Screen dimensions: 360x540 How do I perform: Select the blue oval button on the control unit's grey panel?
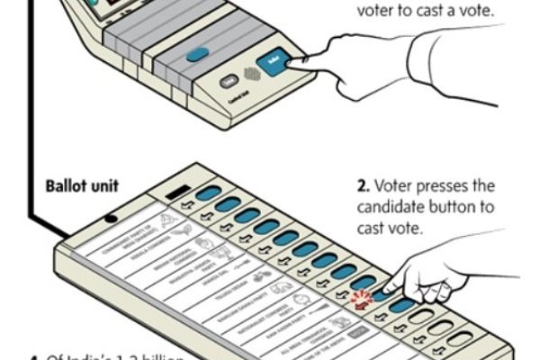197,54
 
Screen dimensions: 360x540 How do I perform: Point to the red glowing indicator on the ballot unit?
363,299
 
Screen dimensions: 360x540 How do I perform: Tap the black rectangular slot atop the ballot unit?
175,191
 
